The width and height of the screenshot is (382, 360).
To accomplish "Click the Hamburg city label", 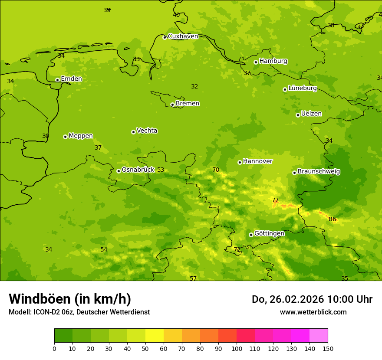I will coord(273,61).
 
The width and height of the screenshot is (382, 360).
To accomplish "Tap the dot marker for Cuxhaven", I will coord(165,37).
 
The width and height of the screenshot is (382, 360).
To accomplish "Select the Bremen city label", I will coord(187,104).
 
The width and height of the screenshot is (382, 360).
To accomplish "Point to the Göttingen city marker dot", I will coord(251,235).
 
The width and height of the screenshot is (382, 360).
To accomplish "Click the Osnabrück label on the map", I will coord(138,170).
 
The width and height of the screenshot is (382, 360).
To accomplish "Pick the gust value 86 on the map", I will coord(333,219).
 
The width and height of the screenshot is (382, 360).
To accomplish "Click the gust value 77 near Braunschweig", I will coord(275,200).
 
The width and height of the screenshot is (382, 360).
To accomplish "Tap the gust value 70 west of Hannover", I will coord(216,170).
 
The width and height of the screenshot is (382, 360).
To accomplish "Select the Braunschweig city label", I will coord(319,172).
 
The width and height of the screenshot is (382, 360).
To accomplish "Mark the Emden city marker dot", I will coord(57,80).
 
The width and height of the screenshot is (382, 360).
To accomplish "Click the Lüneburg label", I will coord(302,88).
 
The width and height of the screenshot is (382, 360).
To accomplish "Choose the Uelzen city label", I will coord(311,114).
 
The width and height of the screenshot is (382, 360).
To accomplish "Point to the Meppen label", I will coord(80,136).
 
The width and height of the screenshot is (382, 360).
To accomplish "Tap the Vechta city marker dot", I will coord(133,132).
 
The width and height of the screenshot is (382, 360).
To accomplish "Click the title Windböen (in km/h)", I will coord(70,299).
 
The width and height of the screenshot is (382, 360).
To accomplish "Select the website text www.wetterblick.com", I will coord(313,312).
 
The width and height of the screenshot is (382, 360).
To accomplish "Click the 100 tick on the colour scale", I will coord(237,348).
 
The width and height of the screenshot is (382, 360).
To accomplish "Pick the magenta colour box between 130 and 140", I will coord(300,336).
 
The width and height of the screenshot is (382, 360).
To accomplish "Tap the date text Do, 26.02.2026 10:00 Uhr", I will coord(312,299).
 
